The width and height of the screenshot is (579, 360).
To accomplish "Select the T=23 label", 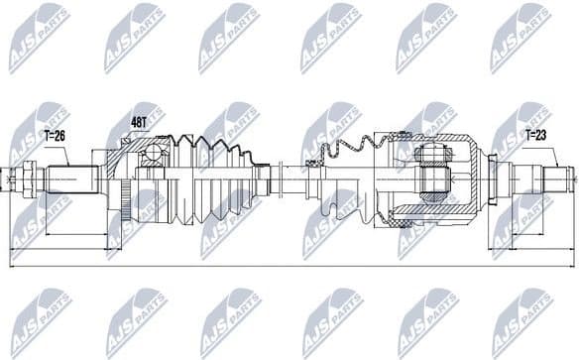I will pos(535,134).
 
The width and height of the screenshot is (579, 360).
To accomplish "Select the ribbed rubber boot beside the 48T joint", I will pos(213,179).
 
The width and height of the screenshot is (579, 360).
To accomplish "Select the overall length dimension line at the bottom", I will pos(288,266).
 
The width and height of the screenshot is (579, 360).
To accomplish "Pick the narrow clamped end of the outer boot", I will pos(263,180).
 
